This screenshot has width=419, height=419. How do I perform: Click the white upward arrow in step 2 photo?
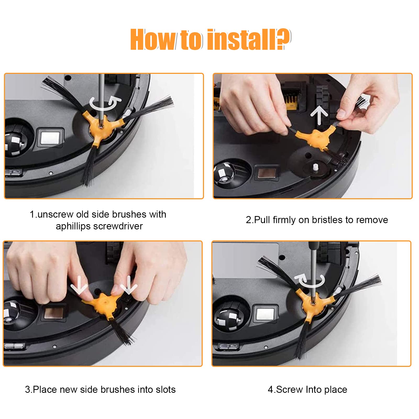pos(319,114)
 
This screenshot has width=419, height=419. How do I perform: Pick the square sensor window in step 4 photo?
pos(265,314)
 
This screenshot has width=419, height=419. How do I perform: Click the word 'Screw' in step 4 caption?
pos(290,389)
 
